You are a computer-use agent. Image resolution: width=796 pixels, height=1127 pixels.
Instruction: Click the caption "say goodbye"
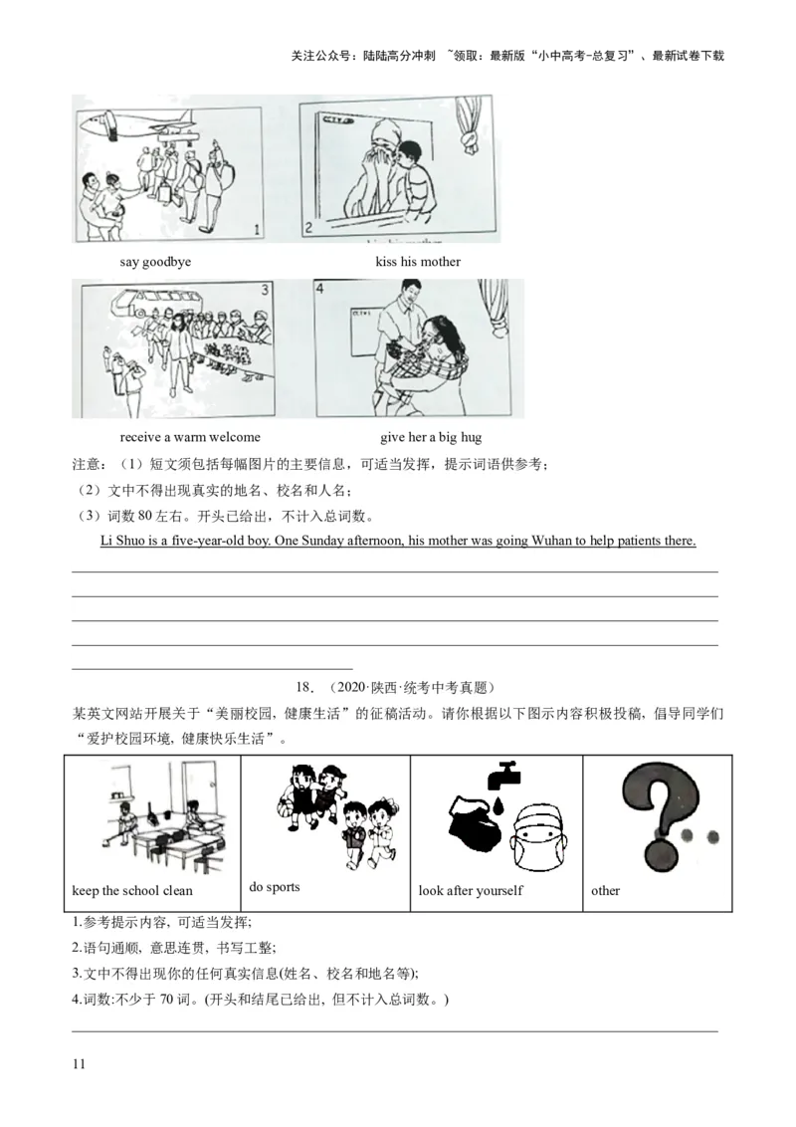pos(155,262)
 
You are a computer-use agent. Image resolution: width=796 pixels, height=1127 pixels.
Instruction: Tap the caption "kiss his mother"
pos(418,262)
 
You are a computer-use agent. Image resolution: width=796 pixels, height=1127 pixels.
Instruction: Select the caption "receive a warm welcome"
pos(190,437)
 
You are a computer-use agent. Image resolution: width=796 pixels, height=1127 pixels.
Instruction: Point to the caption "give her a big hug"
pos(431,437)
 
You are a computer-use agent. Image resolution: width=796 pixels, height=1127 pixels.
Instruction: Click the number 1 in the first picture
pos(257,230)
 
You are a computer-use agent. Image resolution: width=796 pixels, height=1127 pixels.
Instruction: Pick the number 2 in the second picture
pos(308,228)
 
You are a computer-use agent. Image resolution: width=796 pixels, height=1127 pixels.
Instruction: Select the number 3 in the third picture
pos(265,291)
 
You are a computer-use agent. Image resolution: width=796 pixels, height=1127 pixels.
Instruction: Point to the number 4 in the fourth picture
pos(320,288)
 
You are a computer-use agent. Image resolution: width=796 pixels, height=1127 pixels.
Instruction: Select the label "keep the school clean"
pos(132,891)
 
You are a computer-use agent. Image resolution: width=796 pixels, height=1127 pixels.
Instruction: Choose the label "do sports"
pos(275,887)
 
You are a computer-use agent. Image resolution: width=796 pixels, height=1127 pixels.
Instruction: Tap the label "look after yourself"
pos(471,891)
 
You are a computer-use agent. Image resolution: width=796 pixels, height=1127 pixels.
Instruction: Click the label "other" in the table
pos(606,891)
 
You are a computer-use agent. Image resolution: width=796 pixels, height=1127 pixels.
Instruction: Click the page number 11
pos(79,1063)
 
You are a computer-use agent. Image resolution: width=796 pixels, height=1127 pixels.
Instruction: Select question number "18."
pos(304,688)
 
